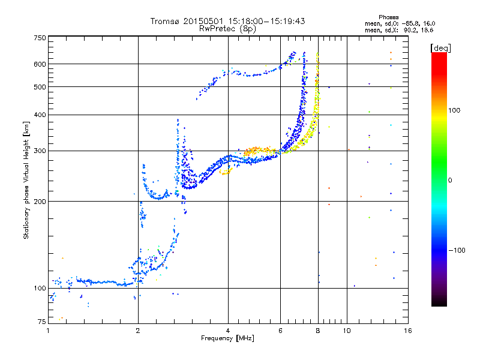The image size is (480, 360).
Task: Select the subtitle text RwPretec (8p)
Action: click(227, 29)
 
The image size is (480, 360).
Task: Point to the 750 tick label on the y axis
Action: click(40, 38)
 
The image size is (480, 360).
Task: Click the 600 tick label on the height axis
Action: click(40, 64)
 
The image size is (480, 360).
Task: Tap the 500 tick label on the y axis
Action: click(40, 87)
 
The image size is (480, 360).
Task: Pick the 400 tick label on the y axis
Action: click(40, 115)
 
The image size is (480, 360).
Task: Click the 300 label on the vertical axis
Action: click(40, 151)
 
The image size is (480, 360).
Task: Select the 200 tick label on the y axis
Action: click(40, 202)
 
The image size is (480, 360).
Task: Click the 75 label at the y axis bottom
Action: click(42, 322)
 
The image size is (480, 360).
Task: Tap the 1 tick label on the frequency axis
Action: click(49, 331)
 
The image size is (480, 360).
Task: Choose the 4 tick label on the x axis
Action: click(228, 331)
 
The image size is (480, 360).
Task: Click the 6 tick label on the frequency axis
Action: click(280, 331)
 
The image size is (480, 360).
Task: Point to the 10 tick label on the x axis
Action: click(347, 331)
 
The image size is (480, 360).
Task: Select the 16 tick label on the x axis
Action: click(408, 331)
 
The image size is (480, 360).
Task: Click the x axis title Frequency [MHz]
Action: click(227, 338)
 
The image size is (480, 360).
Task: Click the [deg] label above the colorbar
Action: click(440, 48)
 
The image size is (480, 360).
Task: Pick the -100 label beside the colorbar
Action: click(457, 250)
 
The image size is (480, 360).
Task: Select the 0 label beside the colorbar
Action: click(450, 181)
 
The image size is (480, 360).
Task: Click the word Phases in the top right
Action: click(388, 17)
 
